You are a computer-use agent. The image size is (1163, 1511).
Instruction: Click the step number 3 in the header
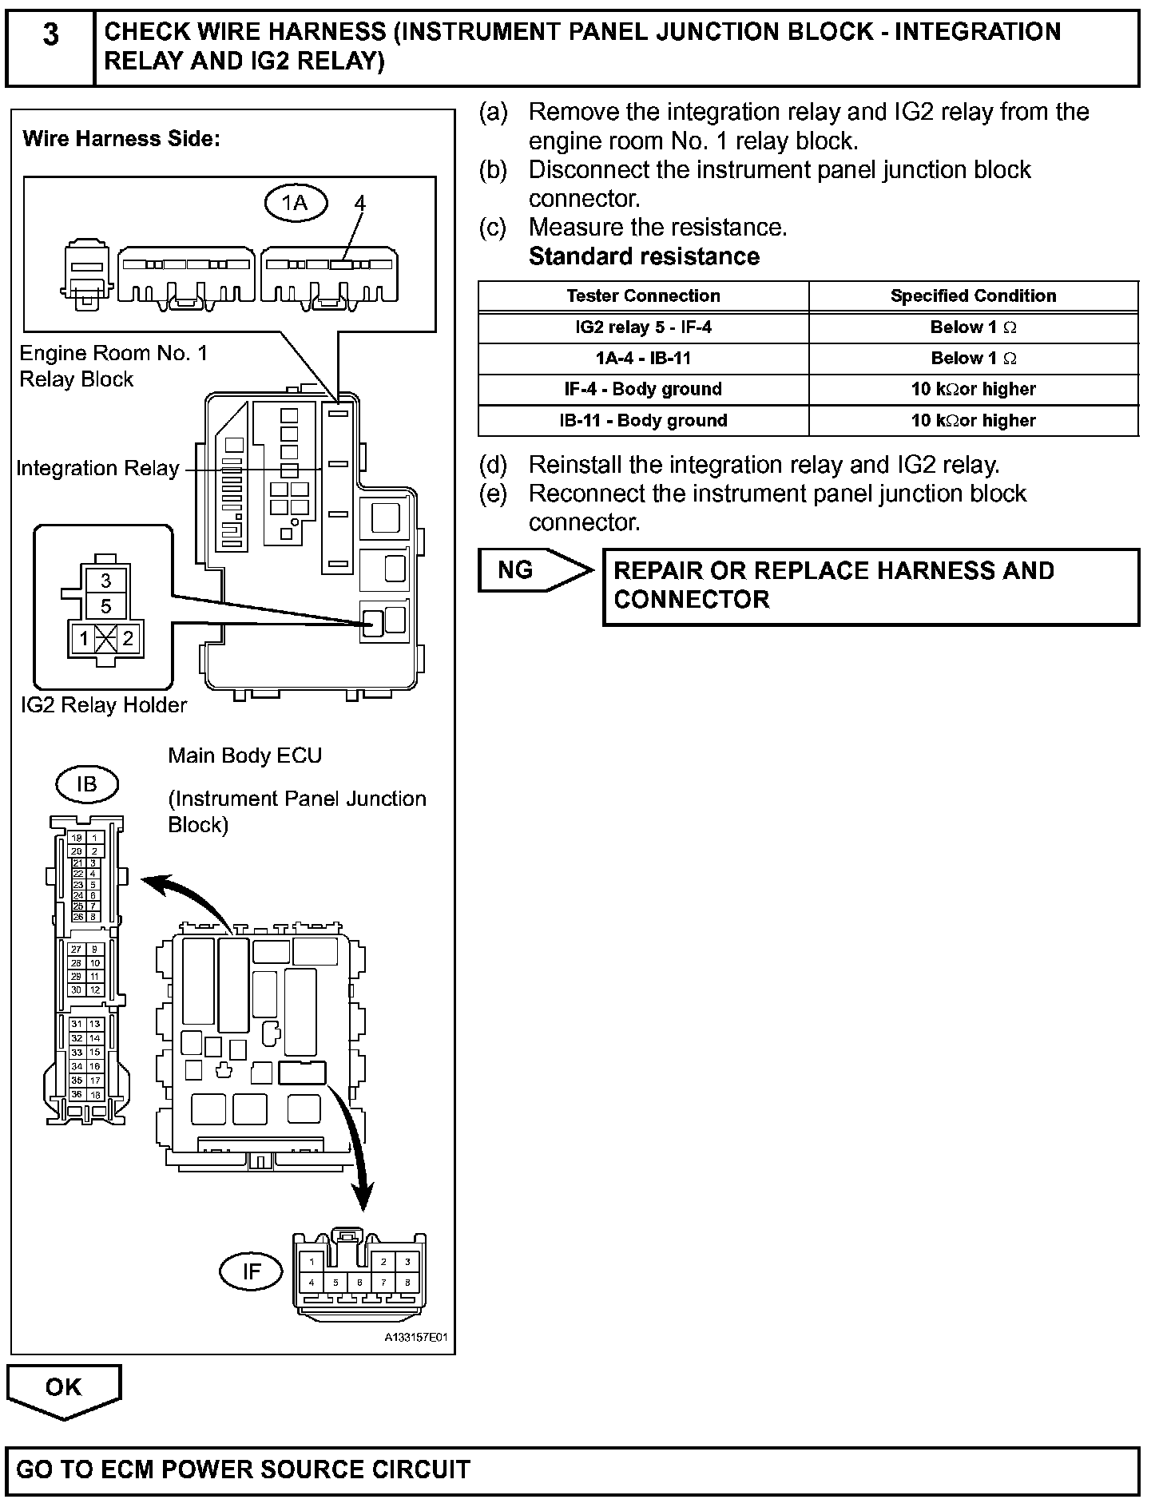[x=50, y=36]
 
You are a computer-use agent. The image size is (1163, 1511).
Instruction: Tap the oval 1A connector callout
[x=296, y=204]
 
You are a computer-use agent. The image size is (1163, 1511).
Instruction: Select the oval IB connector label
[x=86, y=784]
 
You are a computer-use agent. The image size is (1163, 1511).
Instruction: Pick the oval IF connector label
[x=251, y=1271]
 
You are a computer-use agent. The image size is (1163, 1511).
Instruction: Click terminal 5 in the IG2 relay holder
[x=105, y=606]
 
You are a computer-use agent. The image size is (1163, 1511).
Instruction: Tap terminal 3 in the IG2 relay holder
[x=105, y=581]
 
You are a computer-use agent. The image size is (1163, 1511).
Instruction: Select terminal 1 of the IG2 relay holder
[x=84, y=639]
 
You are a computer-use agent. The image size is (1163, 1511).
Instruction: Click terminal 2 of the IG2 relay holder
[x=128, y=639]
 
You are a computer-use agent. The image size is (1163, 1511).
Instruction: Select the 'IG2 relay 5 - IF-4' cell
[x=643, y=327]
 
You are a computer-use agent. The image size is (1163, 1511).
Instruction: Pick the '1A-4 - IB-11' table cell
[x=643, y=359]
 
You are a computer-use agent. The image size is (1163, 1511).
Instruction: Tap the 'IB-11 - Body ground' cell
[x=643, y=421]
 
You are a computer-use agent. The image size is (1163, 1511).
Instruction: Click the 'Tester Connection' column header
[x=643, y=296]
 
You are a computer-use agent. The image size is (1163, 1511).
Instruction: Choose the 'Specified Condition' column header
[x=973, y=296]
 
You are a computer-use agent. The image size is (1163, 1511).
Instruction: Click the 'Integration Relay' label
[x=97, y=469]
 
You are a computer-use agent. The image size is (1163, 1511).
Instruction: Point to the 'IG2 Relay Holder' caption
[x=104, y=705]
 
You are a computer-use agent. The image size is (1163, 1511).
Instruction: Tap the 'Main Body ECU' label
[x=244, y=755]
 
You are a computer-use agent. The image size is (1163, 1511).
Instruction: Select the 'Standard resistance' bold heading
[x=644, y=256]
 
